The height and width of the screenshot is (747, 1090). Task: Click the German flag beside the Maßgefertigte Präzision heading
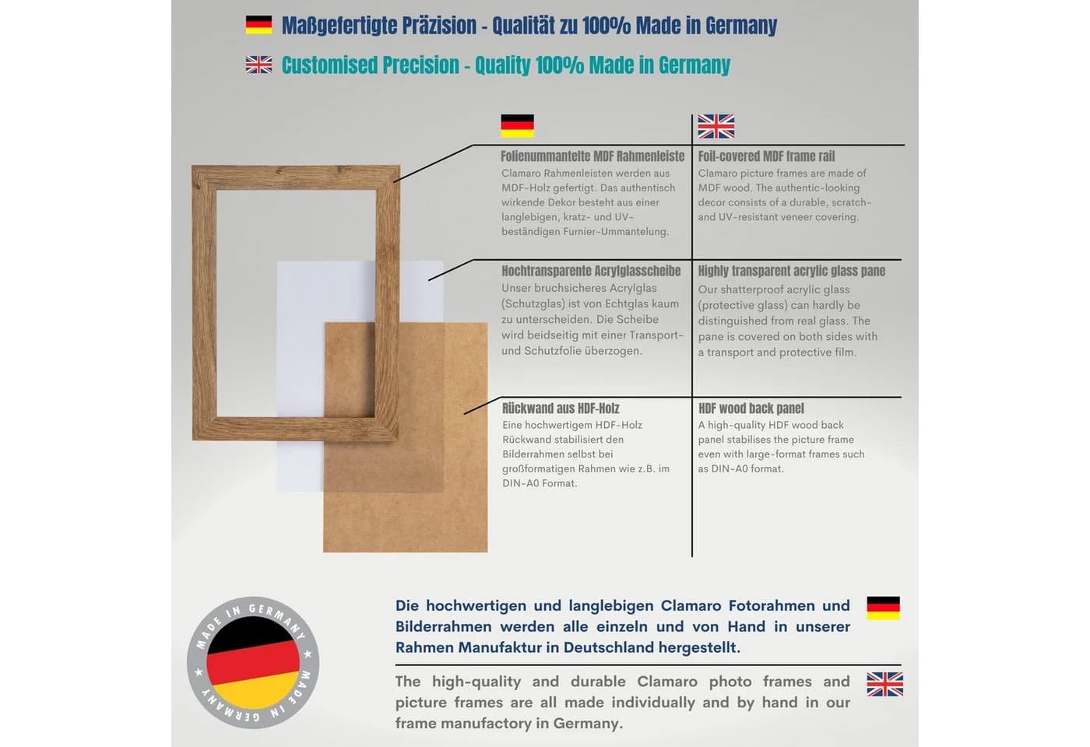click(x=258, y=25)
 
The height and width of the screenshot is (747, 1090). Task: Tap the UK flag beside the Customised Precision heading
click(x=258, y=65)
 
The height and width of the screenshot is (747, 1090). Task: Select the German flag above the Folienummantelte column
click(x=517, y=126)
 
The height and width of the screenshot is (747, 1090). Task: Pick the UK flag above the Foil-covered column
click(x=716, y=126)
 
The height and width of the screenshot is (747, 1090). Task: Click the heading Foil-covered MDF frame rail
click(x=766, y=156)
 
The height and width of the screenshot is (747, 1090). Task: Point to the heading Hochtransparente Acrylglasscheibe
click(x=591, y=271)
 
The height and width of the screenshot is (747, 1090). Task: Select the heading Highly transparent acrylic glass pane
click(x=791, y=271)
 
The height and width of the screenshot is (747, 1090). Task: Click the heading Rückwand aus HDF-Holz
click(x=561, y=409)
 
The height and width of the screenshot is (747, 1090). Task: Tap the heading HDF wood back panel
click(x=751, y=409)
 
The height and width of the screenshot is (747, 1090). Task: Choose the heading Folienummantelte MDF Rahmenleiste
click(x=592, y=156)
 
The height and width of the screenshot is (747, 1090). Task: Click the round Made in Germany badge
click(x=253, y=662)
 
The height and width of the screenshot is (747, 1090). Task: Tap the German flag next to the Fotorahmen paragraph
click(x=883, y=608)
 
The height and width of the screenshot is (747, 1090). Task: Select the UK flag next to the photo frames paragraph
click(x=884, y=684)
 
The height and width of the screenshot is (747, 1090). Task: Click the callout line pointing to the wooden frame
click(x=434, y=163)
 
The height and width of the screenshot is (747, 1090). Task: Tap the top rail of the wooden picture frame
click(x=296, y=177)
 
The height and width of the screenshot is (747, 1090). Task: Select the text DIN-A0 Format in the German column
click(x=539, y=483)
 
